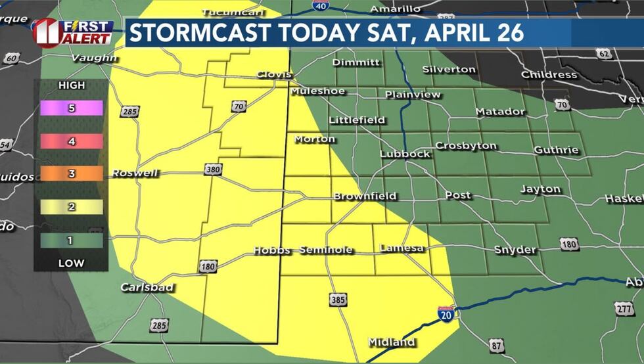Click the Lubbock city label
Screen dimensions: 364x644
pos(405,154)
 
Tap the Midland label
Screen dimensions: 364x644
pos(392,342)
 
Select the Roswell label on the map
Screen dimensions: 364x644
pos(135,173)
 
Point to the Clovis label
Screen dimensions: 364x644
pos(273,74)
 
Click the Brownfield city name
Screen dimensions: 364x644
pos(365,196)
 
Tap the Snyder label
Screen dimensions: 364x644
pos(515,250)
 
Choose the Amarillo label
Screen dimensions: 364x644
pos(395,9)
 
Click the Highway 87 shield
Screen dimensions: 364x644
pos(495,345)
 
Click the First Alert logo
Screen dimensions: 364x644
pos(72,32)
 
